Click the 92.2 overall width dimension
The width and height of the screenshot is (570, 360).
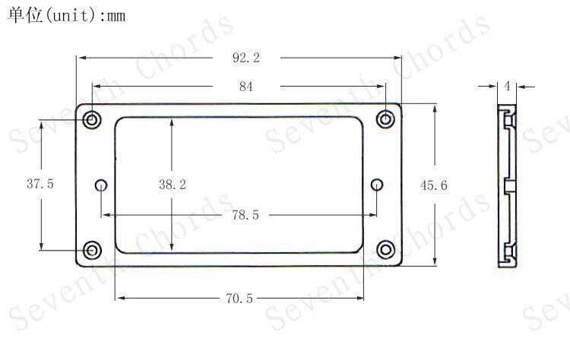coord(246,58)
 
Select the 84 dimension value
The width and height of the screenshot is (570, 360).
coord(245,87)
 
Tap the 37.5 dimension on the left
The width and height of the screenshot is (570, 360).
coord(40,184)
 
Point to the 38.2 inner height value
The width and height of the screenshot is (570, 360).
coord(173,185)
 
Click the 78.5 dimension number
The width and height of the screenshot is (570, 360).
coord(245,215)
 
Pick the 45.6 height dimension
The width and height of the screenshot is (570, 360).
coord(434,185)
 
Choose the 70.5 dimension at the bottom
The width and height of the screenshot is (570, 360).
coord(239,298)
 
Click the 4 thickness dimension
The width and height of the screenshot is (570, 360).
coord(508,86)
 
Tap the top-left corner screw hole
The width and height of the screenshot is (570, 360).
coord(92,119)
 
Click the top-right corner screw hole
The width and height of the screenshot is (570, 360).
coord(385,119)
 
